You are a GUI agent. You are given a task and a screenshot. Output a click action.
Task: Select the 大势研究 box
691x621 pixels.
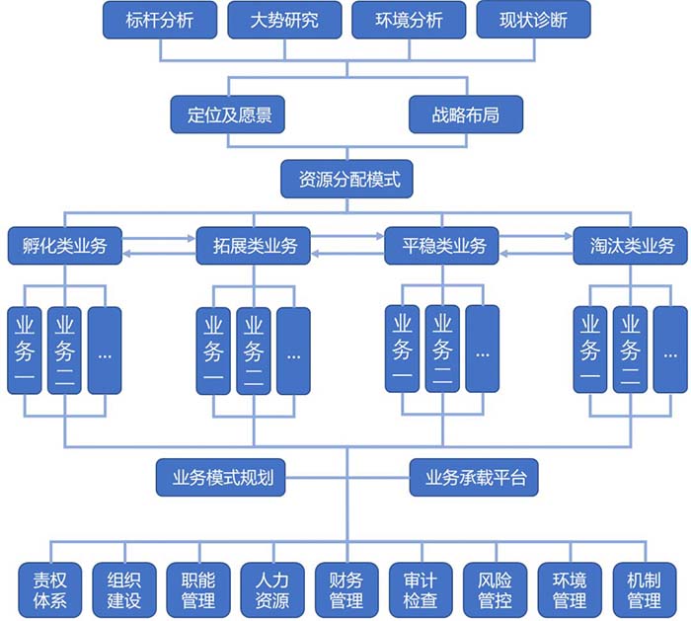(285, 21)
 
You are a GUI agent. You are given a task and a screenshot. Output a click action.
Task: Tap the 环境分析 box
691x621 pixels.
(410, 21)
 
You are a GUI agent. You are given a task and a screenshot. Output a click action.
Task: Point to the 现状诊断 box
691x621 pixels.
(534, 21)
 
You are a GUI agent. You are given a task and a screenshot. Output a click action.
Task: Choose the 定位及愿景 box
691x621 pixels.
(229, 115)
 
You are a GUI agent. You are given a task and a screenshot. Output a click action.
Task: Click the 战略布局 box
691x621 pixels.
(465, 115)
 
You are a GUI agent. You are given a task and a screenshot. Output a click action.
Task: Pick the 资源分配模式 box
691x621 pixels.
(346, 179)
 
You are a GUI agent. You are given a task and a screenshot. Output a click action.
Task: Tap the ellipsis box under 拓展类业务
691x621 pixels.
(293, 350)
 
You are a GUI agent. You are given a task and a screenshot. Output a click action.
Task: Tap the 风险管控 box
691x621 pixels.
(495, 588)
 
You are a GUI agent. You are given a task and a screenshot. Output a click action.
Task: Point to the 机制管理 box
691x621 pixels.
(644, 588)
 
